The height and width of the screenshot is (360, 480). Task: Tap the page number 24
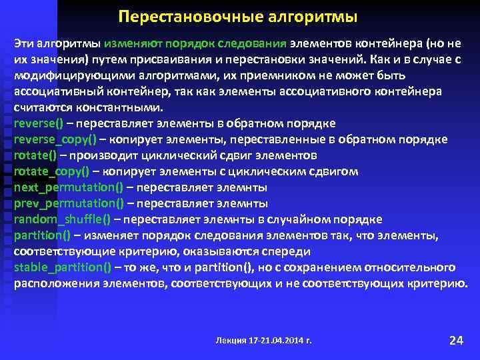456,341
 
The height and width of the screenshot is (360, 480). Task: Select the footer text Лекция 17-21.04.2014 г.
265,341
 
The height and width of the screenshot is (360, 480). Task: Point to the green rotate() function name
35,155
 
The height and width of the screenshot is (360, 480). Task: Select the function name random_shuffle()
63,219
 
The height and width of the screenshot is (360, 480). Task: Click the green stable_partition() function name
63,267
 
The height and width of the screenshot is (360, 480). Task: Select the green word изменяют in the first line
130,43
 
